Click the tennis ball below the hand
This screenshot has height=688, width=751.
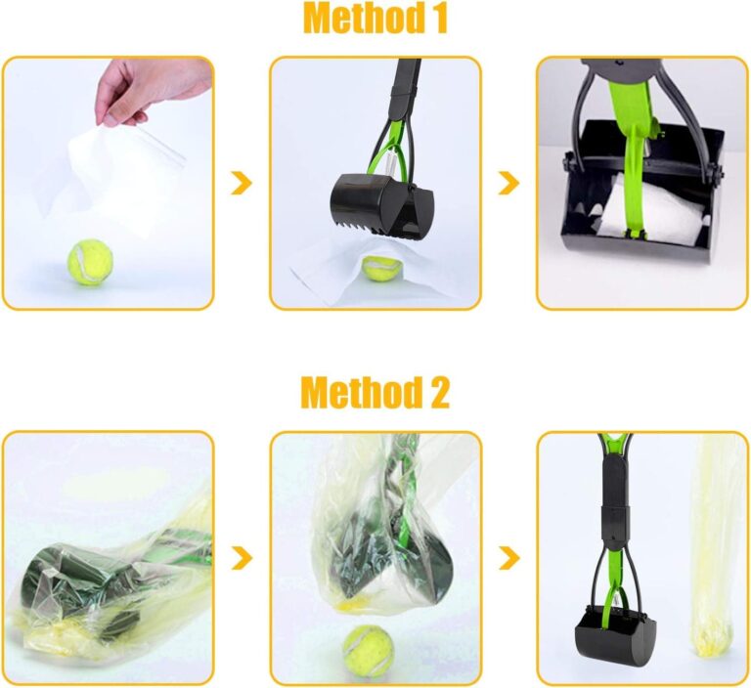89,263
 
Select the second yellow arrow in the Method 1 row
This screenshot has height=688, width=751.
508,182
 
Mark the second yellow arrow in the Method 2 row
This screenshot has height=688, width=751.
508,558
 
